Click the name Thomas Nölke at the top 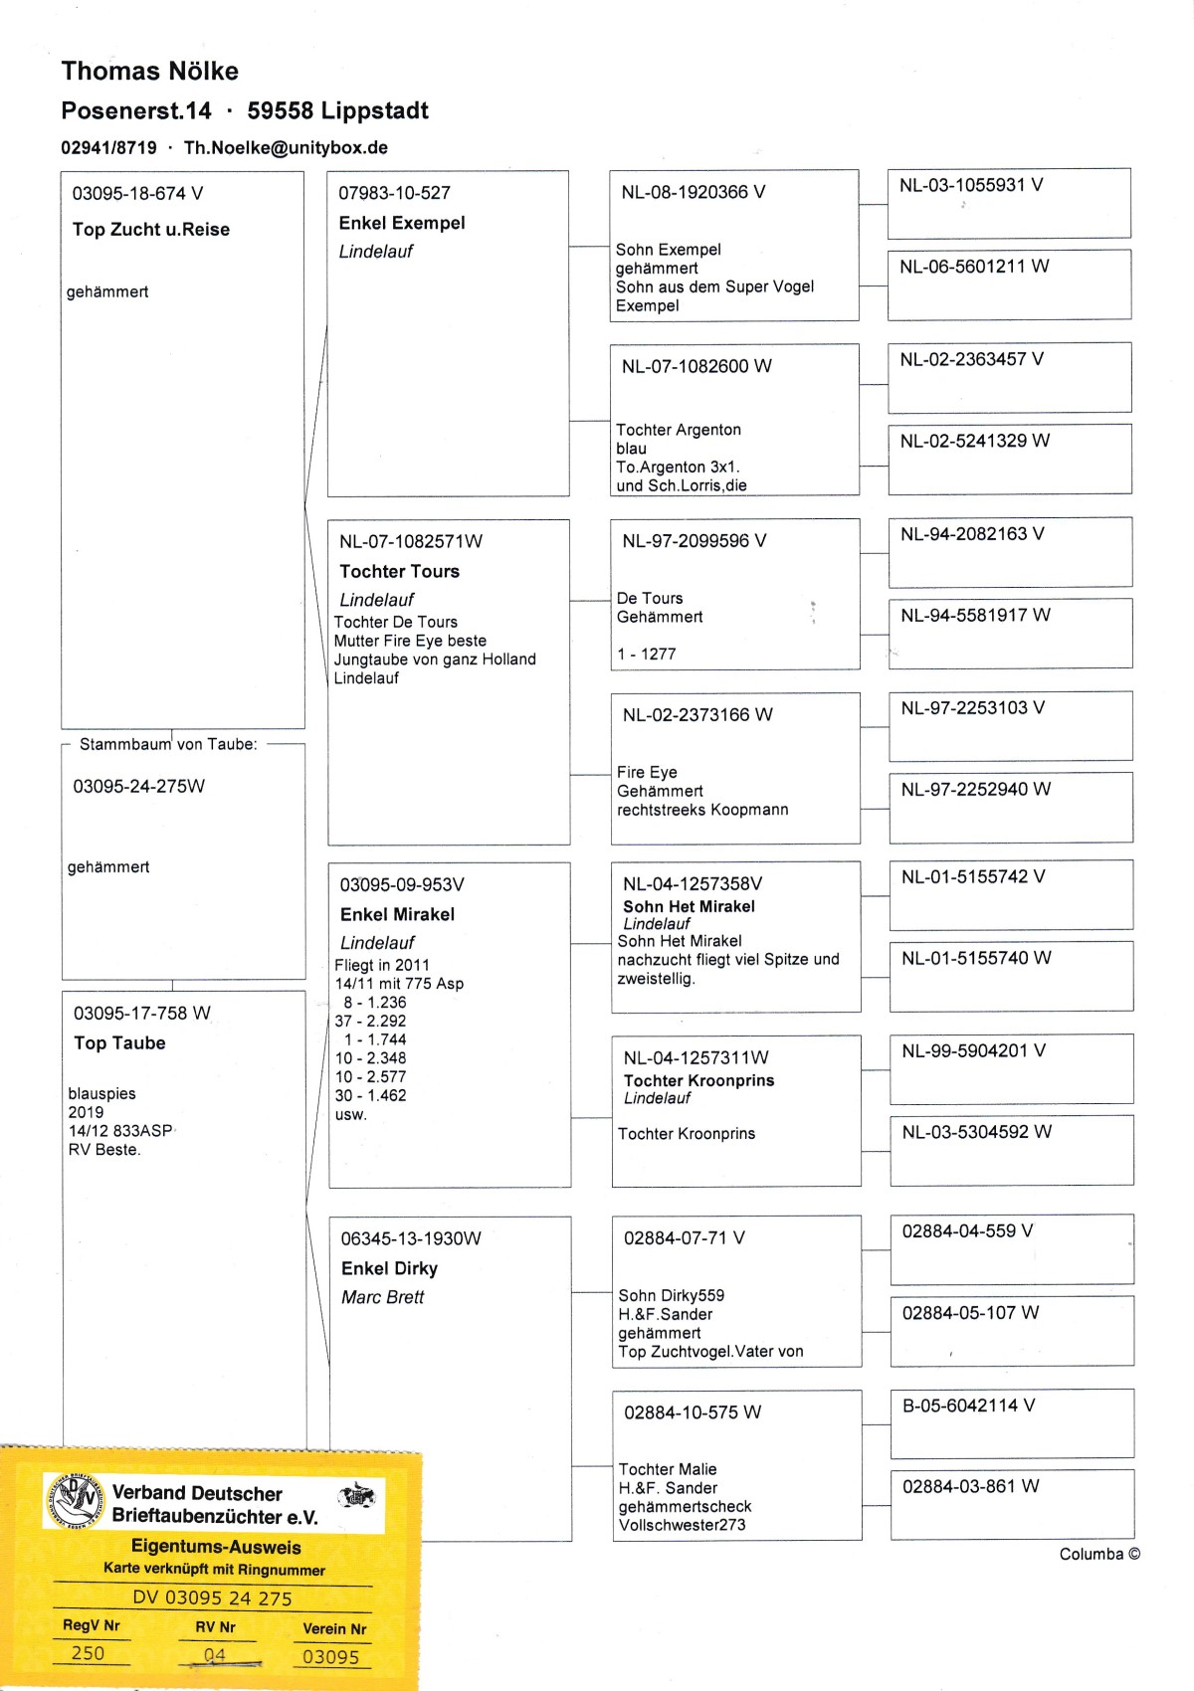tap(149, 71)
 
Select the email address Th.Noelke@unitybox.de tap(286, 147)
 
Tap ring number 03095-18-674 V tap(137, 193)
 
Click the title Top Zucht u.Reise tap(150, 229)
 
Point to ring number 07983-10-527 tap(394, 193)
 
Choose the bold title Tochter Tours tap(399, 571)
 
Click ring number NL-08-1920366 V tap(693, 192)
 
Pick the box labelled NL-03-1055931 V tap(1008, 202)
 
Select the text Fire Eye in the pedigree tap(647, 772)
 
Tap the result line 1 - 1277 tap(646, 654)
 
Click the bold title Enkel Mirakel tap(397, 914)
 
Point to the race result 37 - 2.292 tap(370, 1021)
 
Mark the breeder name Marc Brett tap(382, 1297)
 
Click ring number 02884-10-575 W tap(692, 1412)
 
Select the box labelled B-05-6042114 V tap(1011, 1422)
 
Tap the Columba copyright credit tap(1098, 1554)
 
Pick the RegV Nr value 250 tap(88, 1652)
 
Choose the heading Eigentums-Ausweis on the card tap(216, 1547)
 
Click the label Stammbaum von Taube tap(167, 744)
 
